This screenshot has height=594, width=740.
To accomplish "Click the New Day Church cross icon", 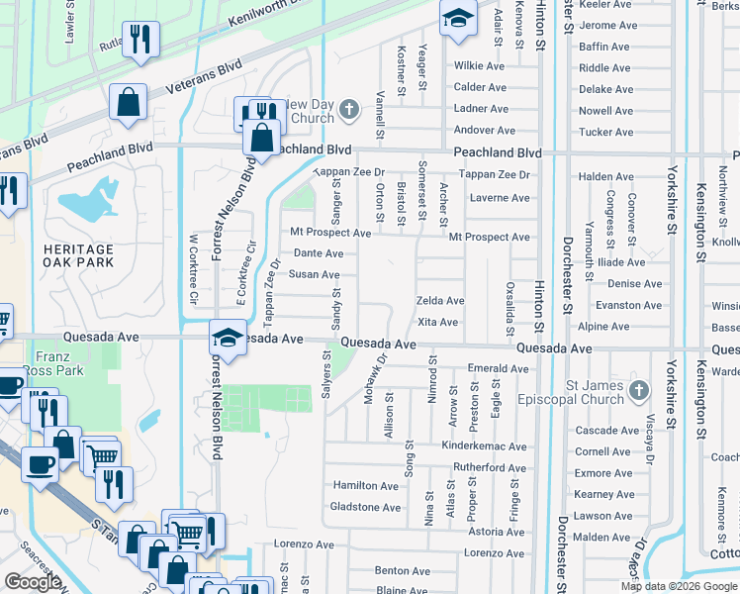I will point(348,110).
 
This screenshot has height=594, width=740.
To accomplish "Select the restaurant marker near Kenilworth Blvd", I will point(140,40).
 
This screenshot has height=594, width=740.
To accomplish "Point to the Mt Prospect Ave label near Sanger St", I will point(330,233).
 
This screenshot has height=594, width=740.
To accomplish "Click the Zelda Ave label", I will point(440,301).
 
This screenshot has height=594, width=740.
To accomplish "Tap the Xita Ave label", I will point(437,323).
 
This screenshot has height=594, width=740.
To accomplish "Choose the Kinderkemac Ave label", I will point(484,447).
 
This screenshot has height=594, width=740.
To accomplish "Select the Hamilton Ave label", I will point(366,486).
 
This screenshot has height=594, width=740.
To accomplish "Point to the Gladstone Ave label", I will point(366,508).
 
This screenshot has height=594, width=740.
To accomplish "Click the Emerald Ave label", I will point(499,369).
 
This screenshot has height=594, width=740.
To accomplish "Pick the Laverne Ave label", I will point(500,198).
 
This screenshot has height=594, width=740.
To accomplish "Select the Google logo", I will point(33,582).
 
